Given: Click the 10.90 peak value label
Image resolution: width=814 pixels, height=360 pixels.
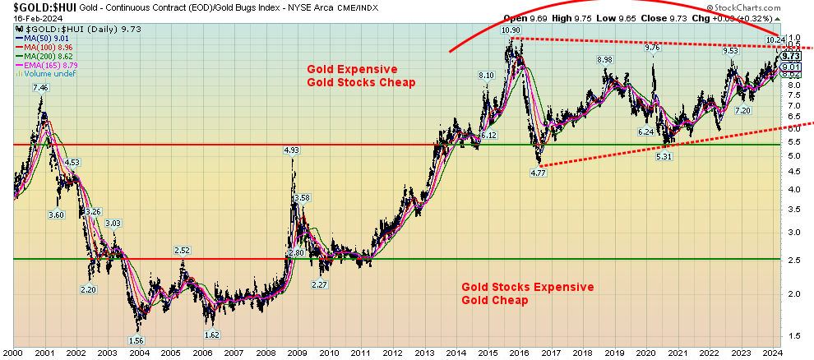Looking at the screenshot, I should (x=511, y=30).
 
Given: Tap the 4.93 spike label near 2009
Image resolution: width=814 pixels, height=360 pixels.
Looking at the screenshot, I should (x=292, y=150).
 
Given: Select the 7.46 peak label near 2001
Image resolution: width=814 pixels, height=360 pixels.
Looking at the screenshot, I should (x=40, y=87).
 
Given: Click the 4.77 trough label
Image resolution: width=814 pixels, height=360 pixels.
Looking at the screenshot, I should (x=537, y=173).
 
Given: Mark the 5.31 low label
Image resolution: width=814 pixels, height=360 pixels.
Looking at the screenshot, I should (x=664, y=156).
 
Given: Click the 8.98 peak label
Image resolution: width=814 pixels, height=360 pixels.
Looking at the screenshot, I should (x=604, y=60).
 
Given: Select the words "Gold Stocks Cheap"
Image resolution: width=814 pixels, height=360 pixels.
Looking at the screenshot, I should (x=361, y=82).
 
